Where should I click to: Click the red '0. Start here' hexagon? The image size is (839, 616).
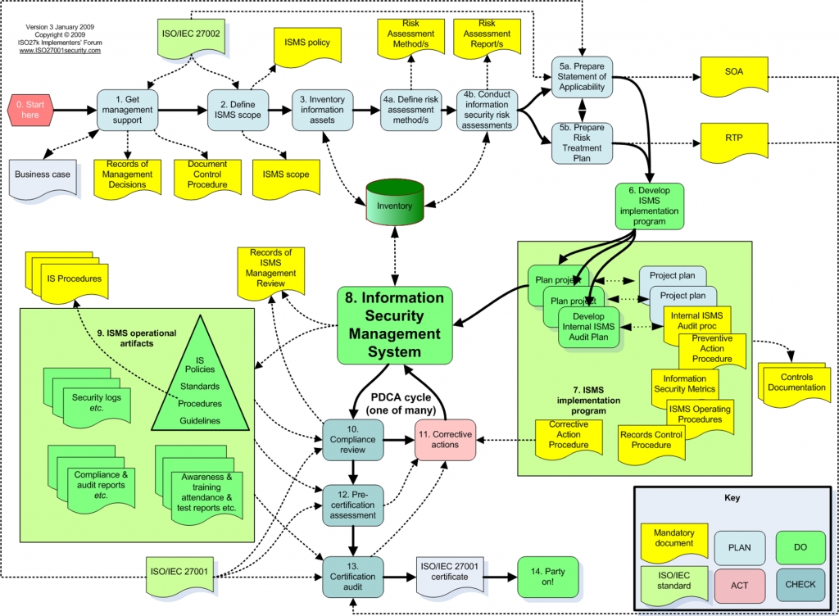[x=30, y=110]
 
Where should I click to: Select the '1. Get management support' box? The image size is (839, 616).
[x=127, y=110]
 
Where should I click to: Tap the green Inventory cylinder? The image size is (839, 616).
[x=395, y=202]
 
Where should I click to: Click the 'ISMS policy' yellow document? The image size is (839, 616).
[x=307, y=45]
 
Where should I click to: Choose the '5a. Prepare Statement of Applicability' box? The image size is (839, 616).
[x=583, y=77]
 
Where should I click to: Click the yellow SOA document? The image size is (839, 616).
[x=734, y=75]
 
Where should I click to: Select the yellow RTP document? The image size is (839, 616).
[x=734, y=141]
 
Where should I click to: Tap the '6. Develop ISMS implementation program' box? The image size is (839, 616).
[x=649, y=206]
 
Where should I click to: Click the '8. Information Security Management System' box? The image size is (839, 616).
[x=395, y=325]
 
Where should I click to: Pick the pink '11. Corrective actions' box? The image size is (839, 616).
[x=445, y=440]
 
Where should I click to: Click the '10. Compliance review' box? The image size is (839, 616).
[x=353, y=440]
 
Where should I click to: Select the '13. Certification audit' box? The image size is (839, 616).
[x=353, y=577]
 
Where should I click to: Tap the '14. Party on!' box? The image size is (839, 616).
[x=548, y=577]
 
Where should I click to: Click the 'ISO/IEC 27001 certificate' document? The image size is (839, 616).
[x=450, y=575]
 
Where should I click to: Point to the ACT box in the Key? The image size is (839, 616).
[x=740, y=585]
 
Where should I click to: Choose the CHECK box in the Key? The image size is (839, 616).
[x=800, y=584]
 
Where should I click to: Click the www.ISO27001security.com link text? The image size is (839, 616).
[x=60, y=50]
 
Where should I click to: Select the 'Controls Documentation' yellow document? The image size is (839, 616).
[x=796, y=383]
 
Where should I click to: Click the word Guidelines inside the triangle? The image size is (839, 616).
[x=200, y=421]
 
